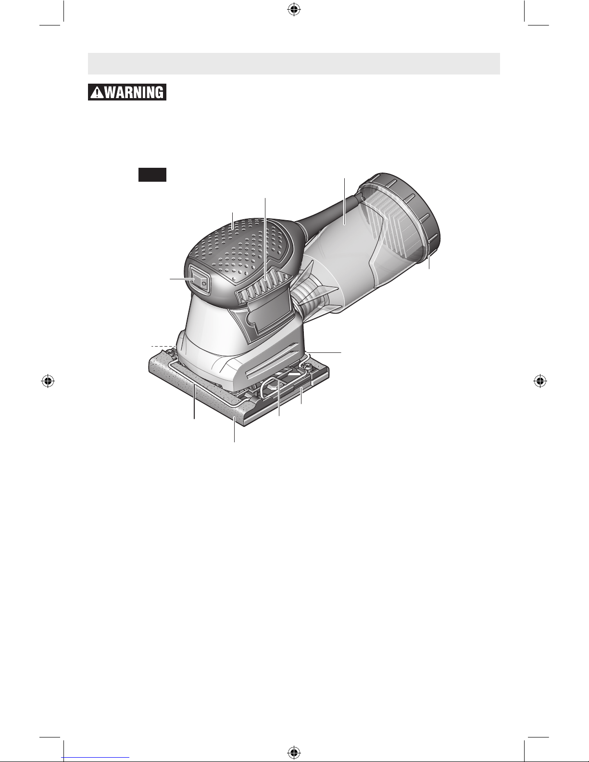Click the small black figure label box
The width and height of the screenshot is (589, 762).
[x=152, y=175]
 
